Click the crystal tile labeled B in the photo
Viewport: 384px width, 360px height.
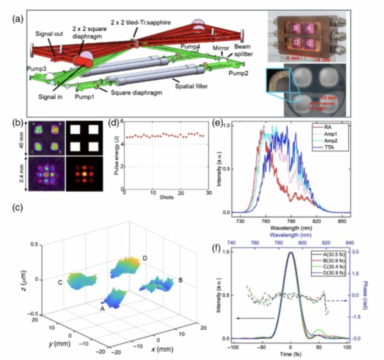(296, 27)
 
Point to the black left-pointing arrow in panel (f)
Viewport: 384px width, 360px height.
(255, 318)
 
